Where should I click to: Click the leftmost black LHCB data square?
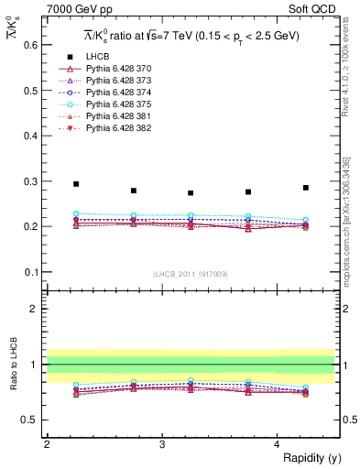76,184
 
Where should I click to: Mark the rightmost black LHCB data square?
306,188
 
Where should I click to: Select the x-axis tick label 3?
161,444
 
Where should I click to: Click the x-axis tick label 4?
277,444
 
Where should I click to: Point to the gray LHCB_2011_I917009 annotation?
190,274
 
